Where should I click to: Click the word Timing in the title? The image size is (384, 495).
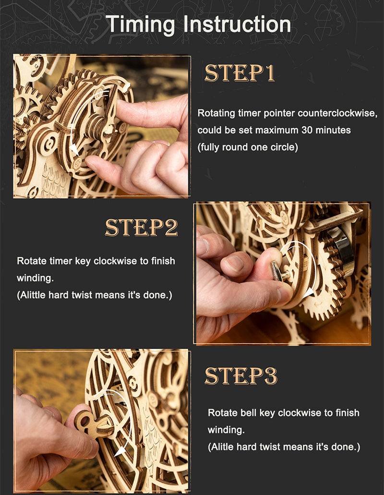tap(141, 25)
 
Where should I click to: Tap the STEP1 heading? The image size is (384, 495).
tap(240, 73)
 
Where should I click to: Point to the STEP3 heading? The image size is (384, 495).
tap(241, 375)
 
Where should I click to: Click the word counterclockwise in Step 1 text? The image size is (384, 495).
tap(337, 113)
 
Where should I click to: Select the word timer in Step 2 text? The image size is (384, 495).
tap(60, 261)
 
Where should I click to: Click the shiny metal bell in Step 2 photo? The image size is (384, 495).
tap(341, 251)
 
